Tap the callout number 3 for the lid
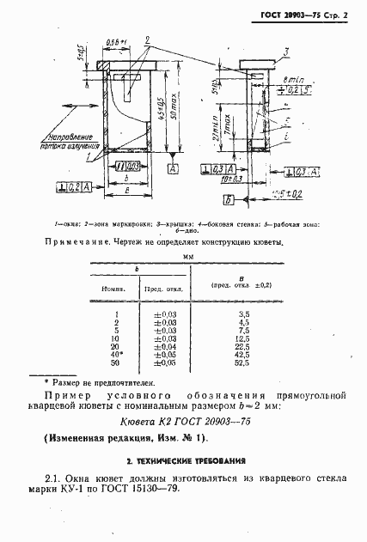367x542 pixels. coord(286,52)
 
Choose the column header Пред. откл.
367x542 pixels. coord(160,289)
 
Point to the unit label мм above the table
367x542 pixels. coord(185,255)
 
